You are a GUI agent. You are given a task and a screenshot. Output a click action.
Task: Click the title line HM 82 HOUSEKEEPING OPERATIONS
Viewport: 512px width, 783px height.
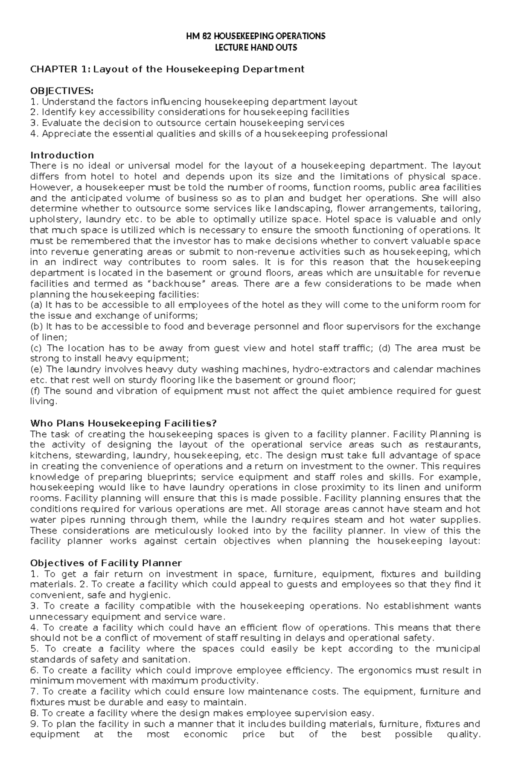256,36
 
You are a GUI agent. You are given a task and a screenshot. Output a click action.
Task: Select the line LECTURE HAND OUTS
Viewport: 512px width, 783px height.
256,47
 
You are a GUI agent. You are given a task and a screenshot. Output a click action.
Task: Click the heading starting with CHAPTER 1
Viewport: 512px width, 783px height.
167,70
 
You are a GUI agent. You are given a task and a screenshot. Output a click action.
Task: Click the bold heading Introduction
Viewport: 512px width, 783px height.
62,155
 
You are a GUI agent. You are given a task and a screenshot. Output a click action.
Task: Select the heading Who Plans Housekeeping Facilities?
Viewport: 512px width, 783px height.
123,423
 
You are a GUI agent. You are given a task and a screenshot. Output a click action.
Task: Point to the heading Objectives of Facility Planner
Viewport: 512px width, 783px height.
106,563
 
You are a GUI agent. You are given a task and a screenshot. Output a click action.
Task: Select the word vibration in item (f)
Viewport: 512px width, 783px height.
135,391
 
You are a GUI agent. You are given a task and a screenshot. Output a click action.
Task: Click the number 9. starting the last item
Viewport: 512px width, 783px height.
34,724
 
